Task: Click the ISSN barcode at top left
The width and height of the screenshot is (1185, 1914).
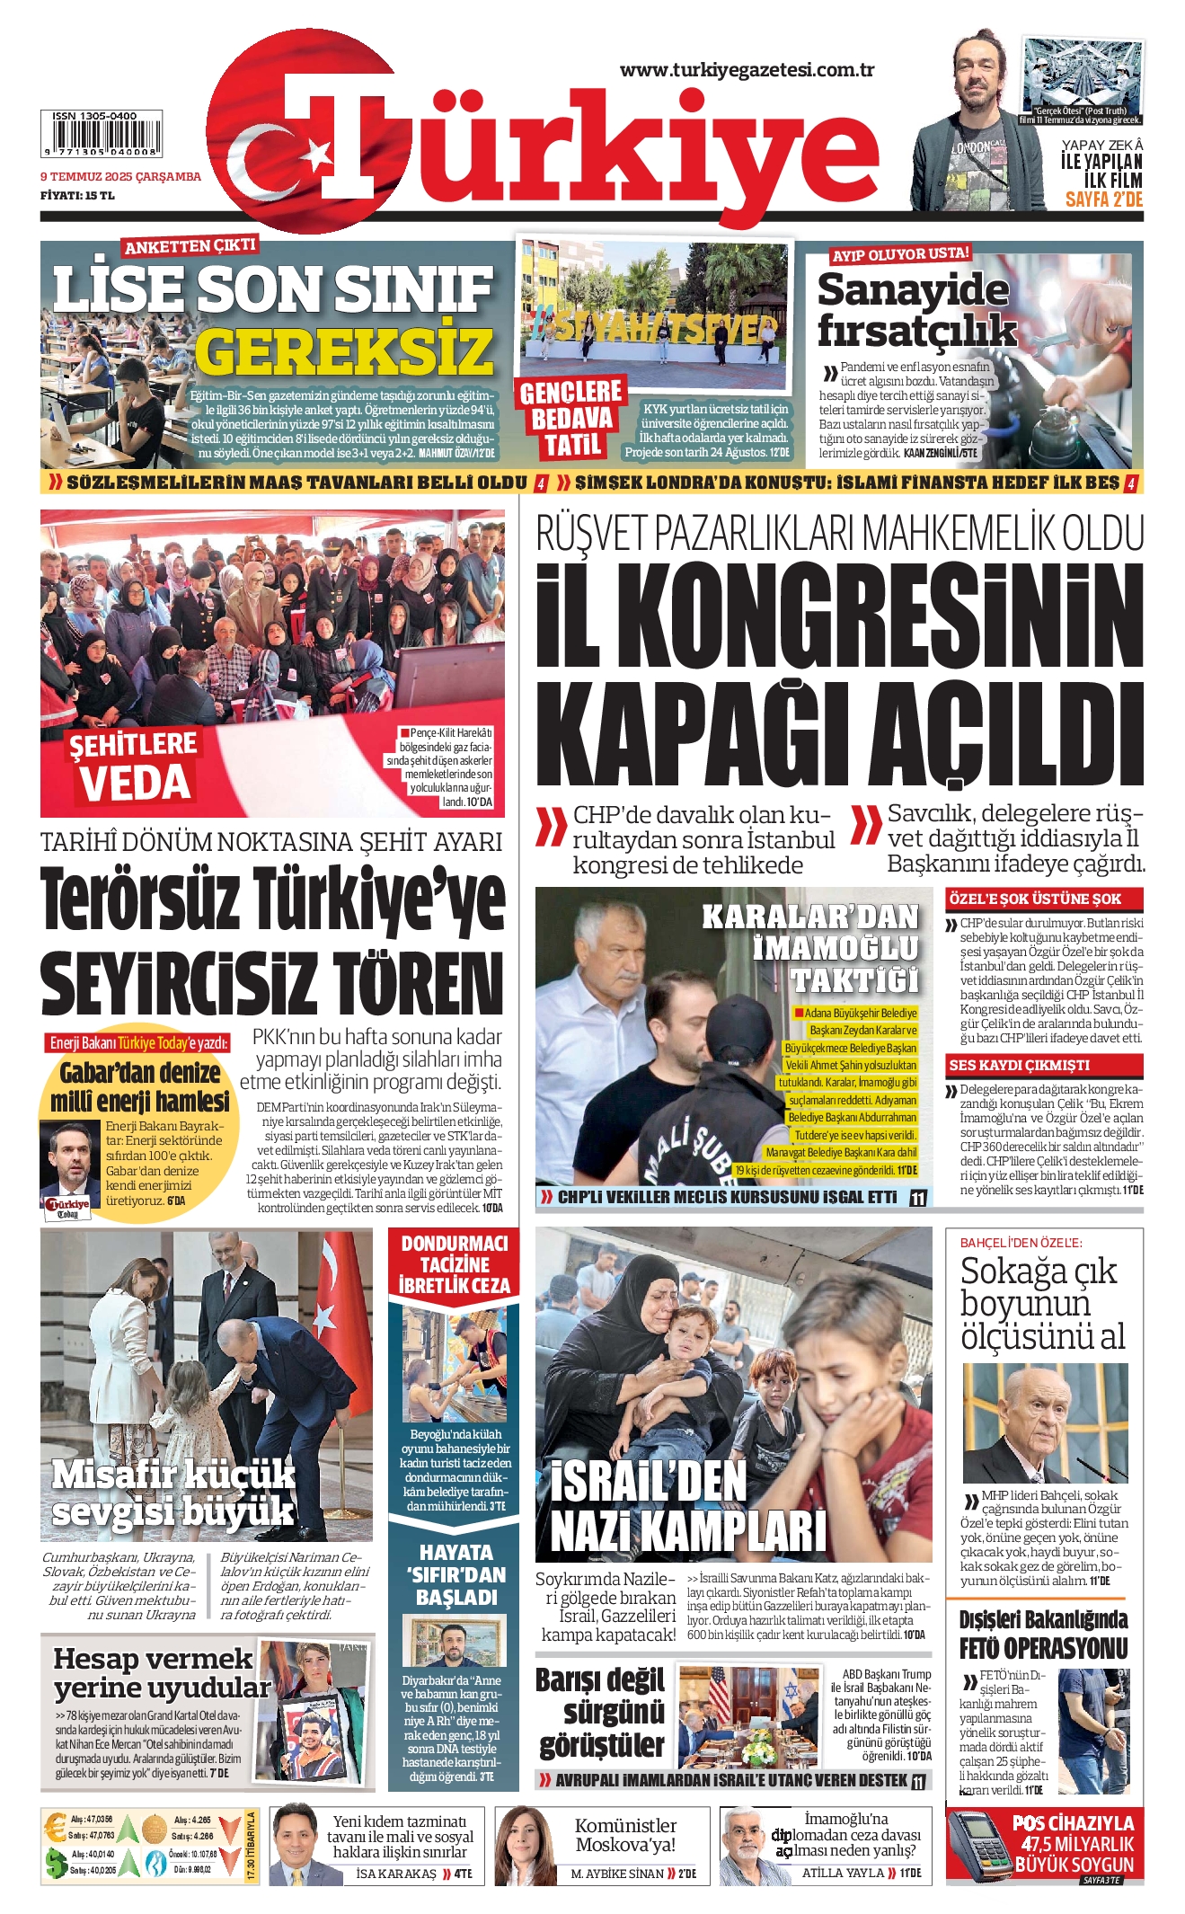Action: click(x=102, y=135)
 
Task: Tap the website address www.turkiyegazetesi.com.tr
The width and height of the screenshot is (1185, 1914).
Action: click(x=747, y=70)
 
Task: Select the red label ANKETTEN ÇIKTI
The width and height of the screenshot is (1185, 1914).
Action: click(x=190, y=246)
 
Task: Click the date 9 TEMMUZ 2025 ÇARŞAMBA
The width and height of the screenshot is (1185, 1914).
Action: click(x=120, y=177)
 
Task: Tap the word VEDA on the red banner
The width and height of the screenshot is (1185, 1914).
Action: click(x=135, y=782)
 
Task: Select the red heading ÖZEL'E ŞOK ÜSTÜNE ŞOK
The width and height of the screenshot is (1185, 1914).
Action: click(x=1034, y=899)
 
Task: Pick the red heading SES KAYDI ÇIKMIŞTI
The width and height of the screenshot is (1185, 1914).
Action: click(x=1019, y=1065)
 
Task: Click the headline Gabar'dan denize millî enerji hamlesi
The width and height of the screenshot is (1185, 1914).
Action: click(x=140, y=1086)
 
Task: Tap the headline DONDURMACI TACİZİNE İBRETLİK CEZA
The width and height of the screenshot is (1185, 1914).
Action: click(x=455, y=1264)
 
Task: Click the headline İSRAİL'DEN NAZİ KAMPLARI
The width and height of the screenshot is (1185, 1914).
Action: click(x=687, y=1506)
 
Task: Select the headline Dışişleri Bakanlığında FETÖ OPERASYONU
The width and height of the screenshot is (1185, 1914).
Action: click(x=1043, y=1634)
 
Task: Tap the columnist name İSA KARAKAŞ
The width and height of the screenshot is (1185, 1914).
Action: click(x=395, y=1874)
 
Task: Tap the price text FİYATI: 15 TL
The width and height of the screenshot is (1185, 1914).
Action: click(x=77, y=195)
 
